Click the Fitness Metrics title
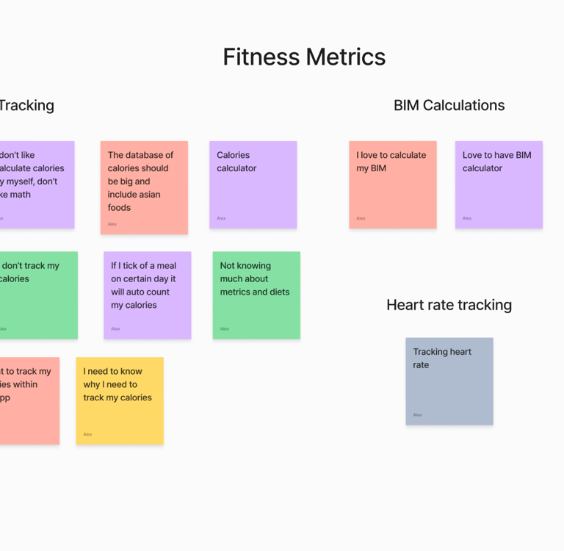tap(304, 57)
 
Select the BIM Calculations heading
tap(449, 106)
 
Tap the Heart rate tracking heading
tap(449, 305)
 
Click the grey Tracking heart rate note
tap(449, 381)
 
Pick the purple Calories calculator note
tap(253, 184)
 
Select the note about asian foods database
tap(144, 187)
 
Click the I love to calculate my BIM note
tap(392, 184)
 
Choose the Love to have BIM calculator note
tap(499, 184)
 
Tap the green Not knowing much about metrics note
tap(256, 295)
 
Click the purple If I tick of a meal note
tap(147, 295)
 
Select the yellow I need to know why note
tap(120, 400)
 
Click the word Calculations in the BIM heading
tap(463, 106)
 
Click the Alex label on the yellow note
tap(87, 434)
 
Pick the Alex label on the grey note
tap(417, 415)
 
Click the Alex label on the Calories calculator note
tap(221, 218)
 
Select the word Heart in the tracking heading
tap(406, 305)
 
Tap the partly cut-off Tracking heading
tap(26, 106)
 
